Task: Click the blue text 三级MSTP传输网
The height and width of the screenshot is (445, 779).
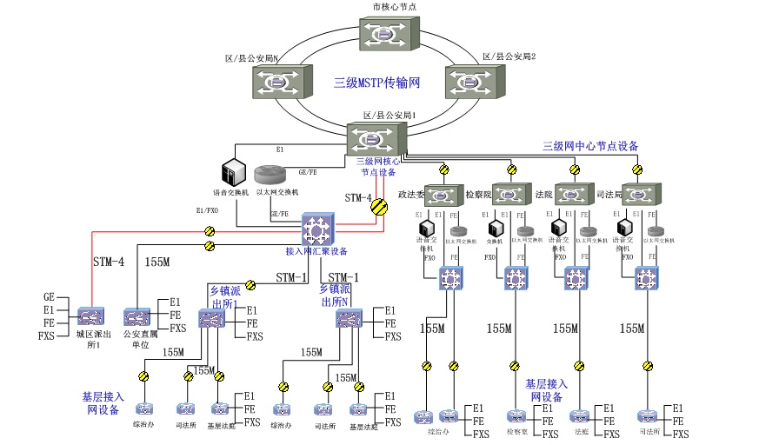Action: pos(377,83)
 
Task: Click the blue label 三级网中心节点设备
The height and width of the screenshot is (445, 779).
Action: pos(590,146)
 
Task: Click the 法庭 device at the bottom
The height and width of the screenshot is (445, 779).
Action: pos(580,416)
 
